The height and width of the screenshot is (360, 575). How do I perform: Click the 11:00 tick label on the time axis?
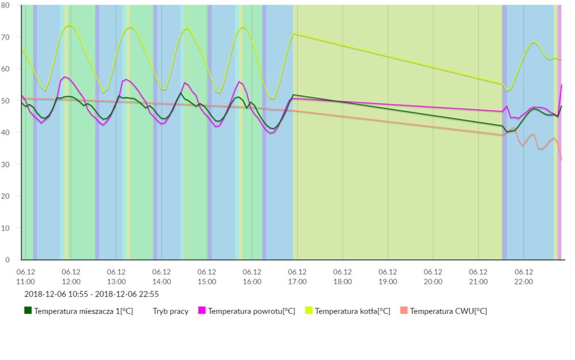point(26,277)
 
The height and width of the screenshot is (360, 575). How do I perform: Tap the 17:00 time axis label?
point(297,277)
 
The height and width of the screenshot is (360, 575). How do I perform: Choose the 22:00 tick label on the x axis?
point(524,277)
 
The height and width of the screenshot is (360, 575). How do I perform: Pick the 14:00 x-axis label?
point(162,277)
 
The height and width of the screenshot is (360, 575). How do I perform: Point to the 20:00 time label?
point(433,277)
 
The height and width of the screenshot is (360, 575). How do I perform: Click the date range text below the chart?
point(91,294)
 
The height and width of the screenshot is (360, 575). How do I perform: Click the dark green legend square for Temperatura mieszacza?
point(28,311)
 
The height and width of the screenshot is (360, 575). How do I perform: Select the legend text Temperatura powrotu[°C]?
point(251,311)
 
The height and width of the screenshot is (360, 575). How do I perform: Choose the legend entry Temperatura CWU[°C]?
point(448,311)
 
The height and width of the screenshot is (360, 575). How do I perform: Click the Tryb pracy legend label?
point(170,311)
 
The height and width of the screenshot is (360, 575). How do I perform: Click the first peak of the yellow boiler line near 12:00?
point(70,25)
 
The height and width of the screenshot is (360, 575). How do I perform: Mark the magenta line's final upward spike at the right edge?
point(561,85)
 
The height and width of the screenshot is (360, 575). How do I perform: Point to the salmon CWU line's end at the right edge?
point(561,159)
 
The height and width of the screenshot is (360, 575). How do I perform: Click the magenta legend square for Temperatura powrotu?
point(202,311)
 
